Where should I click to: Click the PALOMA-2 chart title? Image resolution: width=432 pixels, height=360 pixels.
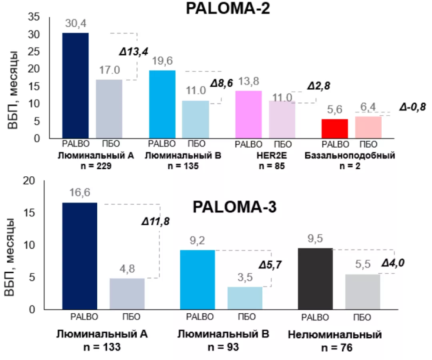tap(228, 8)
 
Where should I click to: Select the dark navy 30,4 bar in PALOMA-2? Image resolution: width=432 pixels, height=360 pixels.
tap(76, 86)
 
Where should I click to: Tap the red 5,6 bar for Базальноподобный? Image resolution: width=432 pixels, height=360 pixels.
tap(335, 128)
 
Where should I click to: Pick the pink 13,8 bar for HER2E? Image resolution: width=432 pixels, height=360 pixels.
tap(248, 114)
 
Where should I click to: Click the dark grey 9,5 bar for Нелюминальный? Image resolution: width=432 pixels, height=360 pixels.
tap(315, 278)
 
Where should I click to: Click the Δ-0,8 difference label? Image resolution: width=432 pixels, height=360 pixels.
tap(412, 108)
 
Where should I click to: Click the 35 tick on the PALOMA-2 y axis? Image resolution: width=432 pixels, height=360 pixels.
tap(35, 17)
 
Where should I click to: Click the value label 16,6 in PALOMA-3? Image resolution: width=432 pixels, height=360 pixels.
tap(80, 192)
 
